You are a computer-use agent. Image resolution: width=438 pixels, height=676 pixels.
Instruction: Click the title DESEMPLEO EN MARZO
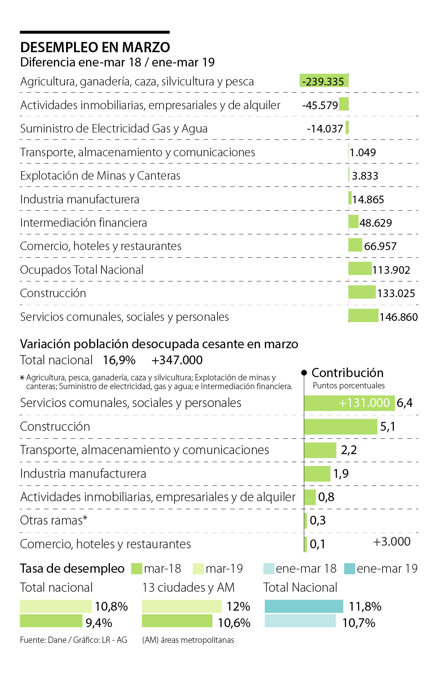95,47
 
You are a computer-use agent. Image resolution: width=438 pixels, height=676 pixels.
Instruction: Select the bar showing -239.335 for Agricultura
324,81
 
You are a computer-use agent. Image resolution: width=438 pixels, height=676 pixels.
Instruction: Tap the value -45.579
320,105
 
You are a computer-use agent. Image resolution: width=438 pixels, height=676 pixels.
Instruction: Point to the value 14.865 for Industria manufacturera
368,200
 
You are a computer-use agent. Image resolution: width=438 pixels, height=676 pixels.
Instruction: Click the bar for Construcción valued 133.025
362,292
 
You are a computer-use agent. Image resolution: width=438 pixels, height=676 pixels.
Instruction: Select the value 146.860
398,317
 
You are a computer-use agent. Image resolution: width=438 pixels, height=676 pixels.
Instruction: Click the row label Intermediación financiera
84,223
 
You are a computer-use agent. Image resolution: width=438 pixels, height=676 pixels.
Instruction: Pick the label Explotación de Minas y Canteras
100,176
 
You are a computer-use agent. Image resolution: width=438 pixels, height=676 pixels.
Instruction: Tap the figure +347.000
177,360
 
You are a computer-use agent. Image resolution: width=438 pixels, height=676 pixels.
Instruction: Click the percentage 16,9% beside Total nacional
119,360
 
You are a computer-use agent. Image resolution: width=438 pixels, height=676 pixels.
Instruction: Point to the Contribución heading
347,373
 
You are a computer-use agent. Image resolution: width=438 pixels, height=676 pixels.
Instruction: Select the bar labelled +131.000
349,403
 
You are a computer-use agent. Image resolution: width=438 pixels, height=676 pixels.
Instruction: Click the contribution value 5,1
388,427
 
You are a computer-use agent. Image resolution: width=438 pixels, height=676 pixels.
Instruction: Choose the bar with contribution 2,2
320,450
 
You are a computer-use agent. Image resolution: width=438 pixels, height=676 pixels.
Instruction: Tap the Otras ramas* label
54,520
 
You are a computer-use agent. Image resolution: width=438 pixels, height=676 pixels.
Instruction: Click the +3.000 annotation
392,542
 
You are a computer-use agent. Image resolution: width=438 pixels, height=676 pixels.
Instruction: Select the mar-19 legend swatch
198,569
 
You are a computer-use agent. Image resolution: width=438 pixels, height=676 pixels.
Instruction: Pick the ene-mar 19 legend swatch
349,569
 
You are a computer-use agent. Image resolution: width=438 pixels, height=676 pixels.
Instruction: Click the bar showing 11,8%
304,606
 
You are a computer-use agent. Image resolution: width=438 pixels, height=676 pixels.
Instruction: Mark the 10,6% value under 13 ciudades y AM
234,623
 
